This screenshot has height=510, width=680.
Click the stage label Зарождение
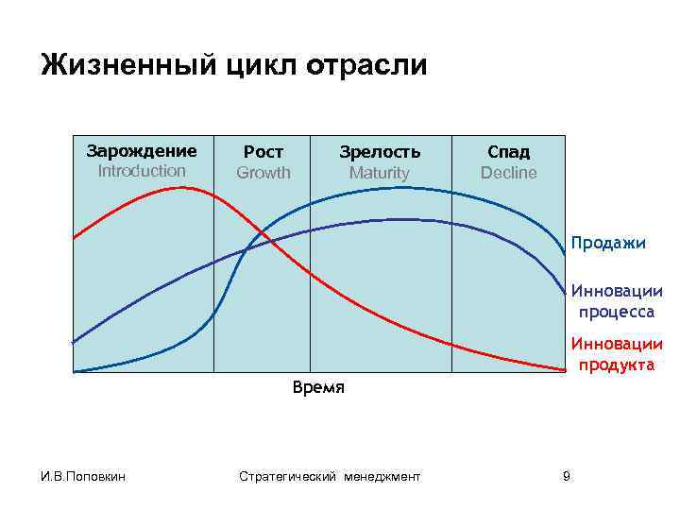point(142,151)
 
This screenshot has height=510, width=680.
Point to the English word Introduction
point(142,171)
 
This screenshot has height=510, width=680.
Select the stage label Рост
point(263,152)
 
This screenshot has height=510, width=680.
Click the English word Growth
point(263,173)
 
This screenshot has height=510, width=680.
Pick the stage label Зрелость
point(380,152)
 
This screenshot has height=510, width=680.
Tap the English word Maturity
point(380,173)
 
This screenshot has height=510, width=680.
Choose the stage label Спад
point(508,152)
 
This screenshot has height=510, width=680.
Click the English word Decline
point(508,173)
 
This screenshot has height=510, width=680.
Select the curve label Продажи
point(608,244)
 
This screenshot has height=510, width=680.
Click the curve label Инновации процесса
point(616,302)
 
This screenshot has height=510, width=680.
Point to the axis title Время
point(318,387)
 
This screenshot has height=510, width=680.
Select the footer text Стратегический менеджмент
point(330,476)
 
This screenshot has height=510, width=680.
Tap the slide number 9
point(566,476)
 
